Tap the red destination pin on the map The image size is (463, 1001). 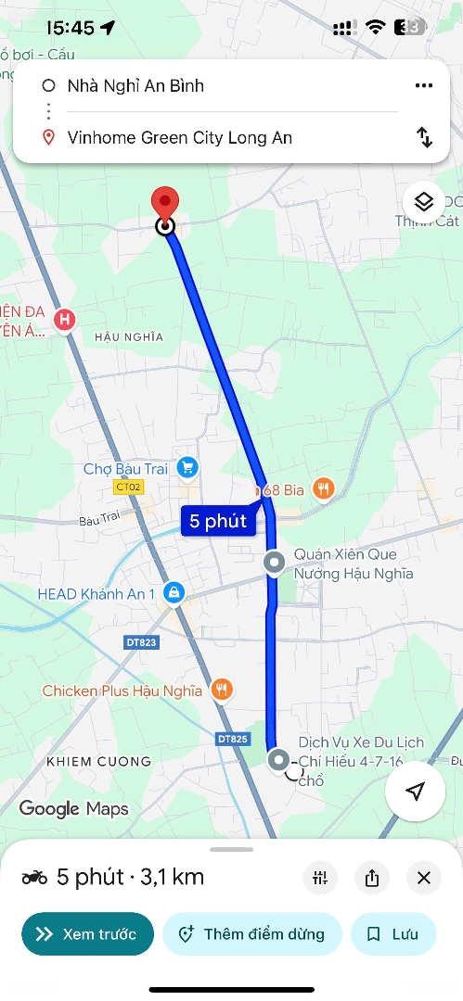[x=165, y=202]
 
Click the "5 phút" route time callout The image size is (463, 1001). [x=218, y=521]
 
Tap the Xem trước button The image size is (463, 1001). [x=87, y=934]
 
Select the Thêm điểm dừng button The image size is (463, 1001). [x=252, y=934]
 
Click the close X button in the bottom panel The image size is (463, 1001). [x=424, y=878]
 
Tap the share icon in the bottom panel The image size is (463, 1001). [x=372, y=878]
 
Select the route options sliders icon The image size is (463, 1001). [x=320, y=878]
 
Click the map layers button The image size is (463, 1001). [x=423, y=201]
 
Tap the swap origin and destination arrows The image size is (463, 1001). [x=424, y=138]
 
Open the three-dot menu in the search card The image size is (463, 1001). [x=424, y=86]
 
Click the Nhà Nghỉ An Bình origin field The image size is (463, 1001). [x=135, y=86]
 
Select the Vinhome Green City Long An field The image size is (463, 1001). [x=180, y=138]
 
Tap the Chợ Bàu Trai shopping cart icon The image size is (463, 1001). [x=188, y=469]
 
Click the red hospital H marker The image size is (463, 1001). [x=64, y=320]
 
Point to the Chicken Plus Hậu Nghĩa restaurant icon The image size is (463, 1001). [x=221, y=690]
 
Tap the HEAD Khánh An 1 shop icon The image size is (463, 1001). [x=174, y=592]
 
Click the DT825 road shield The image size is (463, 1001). [x=232, y=739]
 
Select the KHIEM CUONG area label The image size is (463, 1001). [x=97, y=762]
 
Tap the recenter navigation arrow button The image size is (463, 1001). [x=416, y=791]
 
